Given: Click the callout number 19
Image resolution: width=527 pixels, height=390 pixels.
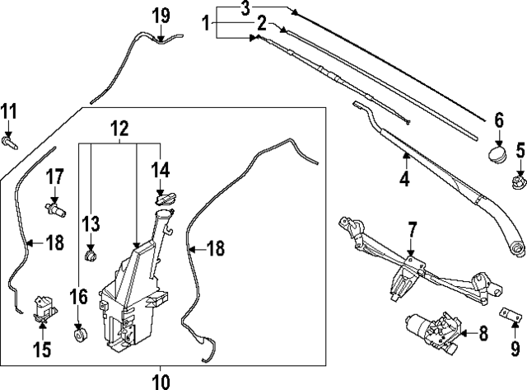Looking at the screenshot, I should pyautogui.click(x=161, y=14).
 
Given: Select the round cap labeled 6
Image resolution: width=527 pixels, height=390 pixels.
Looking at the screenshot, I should pyautogui.click(x=497, y=155).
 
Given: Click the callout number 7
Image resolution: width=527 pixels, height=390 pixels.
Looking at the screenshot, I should pyautogui.click(x=412, y=228).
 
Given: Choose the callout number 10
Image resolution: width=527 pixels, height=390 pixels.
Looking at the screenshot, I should pyautogui.click(x=161, y=381).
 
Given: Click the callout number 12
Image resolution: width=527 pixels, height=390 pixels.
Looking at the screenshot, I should pyautogui.click(x=120, y=128).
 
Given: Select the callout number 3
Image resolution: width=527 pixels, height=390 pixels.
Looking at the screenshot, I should pyautogui.click(x=245, y=9).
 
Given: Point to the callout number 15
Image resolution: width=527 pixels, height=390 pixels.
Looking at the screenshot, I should pyautogui.click(x=41, y=350).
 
